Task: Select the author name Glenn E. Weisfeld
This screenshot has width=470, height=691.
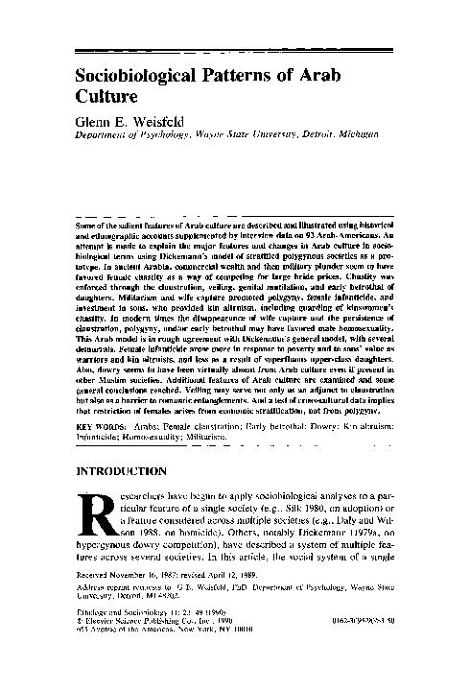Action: tap(135, 122)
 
